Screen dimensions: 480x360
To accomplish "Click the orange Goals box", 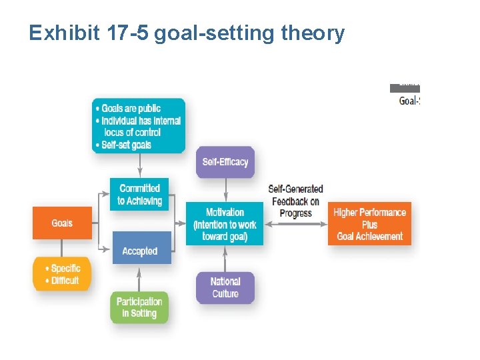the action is click(x=62, y=223).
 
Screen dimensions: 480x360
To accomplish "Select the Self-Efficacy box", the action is click(x=225, y=162).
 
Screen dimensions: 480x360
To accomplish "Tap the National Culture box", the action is click(x=225, y=287).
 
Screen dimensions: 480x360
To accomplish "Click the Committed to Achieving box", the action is click(x=139, y=194).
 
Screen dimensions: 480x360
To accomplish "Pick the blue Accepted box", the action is click(x=140, y=251).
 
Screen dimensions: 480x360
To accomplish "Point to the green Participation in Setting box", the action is click(x=139, y=307).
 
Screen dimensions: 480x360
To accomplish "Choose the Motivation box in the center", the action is click(x=225, y=223).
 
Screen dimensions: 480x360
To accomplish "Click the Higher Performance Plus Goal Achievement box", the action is click(x=369, y=223).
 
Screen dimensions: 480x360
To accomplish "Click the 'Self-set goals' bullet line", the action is click(x=126, y=145).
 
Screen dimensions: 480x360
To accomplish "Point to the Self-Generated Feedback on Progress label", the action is click(x=295, y=201).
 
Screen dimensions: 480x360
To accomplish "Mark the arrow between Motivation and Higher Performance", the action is click(x=295, y=224).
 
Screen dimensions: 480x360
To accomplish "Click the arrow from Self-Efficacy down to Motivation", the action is click(x=225, y=189).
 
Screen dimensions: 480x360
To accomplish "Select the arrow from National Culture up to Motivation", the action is click(x=225, y=259).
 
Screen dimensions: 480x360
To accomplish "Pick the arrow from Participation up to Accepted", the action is click(x=139, y=278).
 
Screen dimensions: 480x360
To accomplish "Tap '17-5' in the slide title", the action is click(x=128, y=33).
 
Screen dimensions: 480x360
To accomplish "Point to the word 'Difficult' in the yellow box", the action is click(x=65, y=280).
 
